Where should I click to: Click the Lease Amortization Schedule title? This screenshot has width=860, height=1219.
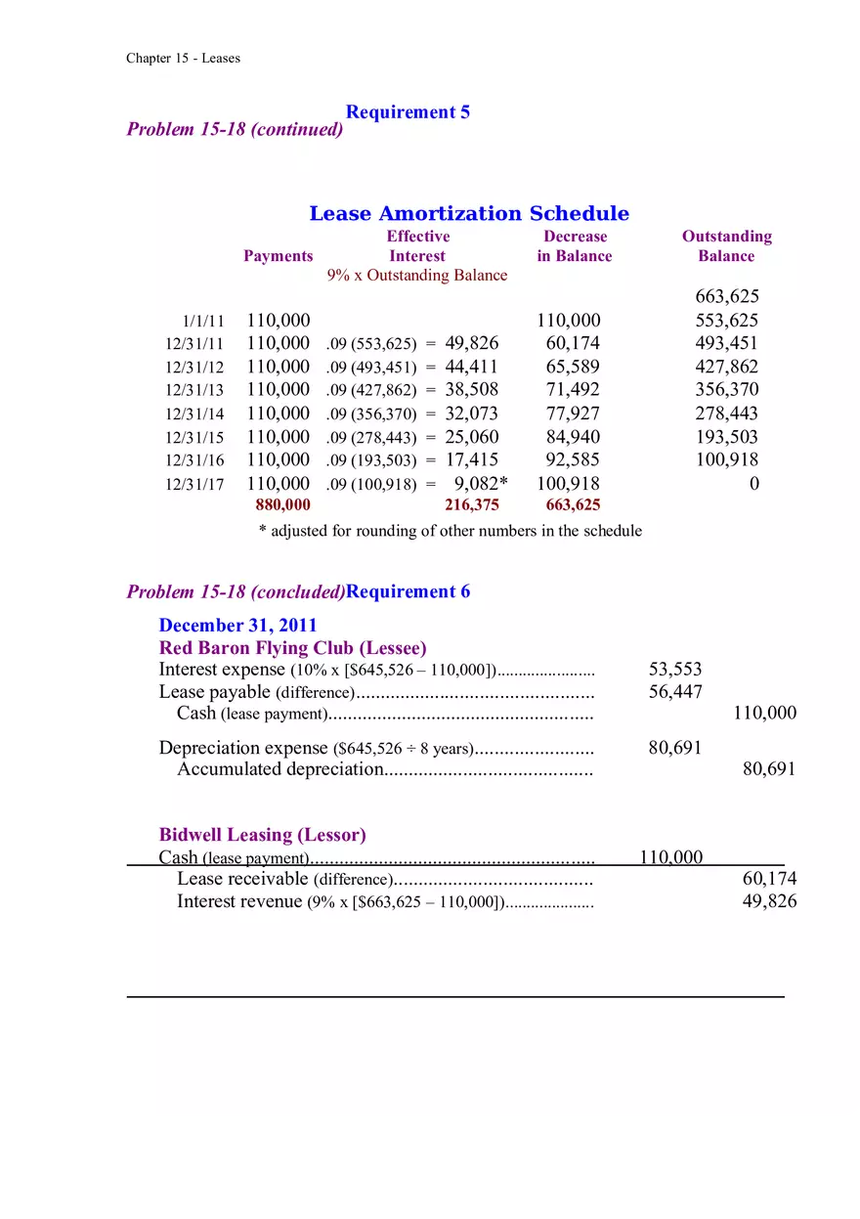469,214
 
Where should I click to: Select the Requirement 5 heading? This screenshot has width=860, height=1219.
408,112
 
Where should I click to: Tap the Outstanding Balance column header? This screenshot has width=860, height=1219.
726,246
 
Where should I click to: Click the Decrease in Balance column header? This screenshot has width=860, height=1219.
575,246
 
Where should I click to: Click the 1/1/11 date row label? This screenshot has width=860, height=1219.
203,322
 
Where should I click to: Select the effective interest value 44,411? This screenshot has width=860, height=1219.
471,368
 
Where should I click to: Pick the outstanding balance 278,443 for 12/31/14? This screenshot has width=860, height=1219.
726,414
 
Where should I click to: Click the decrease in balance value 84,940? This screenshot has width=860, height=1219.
573,437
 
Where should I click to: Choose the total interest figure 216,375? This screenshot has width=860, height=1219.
471,505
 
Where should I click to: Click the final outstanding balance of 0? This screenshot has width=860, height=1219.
753,484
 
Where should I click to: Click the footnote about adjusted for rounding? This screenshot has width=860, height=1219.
450,531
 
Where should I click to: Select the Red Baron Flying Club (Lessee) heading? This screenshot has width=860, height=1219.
292,648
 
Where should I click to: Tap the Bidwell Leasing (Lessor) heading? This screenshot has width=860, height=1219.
262,835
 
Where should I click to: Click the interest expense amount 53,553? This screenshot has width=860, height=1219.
674,670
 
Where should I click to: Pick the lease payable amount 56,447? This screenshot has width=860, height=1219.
674,692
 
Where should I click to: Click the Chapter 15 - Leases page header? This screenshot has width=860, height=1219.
183,59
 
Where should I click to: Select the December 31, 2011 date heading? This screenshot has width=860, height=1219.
237,626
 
